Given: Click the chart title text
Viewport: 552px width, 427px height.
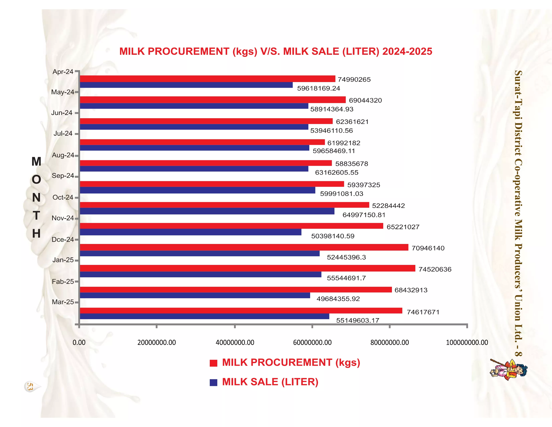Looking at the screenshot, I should pos(275,51).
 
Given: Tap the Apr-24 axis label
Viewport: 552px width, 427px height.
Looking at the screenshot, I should pos(63,72).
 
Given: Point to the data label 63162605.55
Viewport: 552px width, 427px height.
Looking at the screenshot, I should pos(336,172).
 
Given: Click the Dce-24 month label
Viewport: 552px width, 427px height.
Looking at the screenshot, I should pos(63,239).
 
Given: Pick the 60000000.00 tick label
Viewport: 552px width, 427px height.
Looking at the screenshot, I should pos(312,342).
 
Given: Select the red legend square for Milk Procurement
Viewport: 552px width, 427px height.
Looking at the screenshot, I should pos(213,363).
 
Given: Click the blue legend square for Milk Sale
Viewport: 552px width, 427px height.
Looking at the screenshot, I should pos(213,382).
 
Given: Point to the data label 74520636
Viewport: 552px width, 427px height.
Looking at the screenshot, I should pos(435,269).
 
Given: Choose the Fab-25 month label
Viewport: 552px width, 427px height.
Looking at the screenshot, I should pos(63,281).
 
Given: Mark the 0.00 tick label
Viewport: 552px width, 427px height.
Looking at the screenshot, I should pos(79,342).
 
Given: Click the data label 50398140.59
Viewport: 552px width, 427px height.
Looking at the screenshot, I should pos(333,236).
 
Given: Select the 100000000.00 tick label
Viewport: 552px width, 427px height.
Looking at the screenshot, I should pos(467,342).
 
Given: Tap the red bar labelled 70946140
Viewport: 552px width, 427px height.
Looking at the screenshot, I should pos(244,247).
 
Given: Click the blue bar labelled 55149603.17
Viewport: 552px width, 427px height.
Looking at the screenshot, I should pos(204,316).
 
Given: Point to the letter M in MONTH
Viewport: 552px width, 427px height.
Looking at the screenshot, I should pos(36,161).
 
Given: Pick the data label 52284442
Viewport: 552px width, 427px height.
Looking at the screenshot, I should pos(388,206).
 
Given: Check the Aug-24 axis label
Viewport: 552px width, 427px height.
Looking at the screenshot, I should pos(63,155).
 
